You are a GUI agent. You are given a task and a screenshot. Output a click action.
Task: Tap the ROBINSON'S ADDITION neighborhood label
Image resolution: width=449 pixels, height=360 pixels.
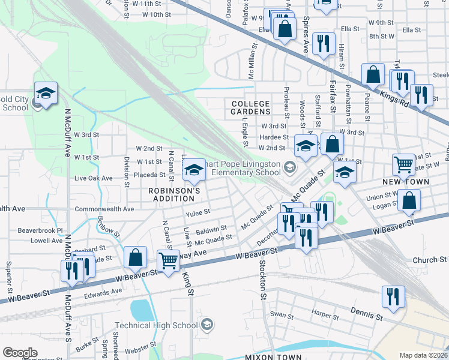[174, 194]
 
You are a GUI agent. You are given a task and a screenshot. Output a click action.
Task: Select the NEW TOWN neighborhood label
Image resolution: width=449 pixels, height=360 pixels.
[406, 181]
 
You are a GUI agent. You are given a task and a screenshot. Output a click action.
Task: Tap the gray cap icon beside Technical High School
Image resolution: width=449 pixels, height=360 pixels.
[207, 325]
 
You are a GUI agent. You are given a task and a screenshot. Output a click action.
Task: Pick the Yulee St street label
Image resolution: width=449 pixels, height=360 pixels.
[198, 212]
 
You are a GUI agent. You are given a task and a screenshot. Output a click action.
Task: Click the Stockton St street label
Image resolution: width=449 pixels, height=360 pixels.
[262, 280]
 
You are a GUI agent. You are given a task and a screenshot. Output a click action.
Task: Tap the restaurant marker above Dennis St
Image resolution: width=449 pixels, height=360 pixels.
[393, 296]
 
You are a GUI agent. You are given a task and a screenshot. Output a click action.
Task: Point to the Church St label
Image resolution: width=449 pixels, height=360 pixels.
[430, 260]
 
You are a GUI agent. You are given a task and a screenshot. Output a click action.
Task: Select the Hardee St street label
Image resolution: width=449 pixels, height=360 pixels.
[270, 137]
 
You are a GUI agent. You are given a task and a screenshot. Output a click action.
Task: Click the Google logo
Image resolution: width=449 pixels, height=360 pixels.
[20, 352]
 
